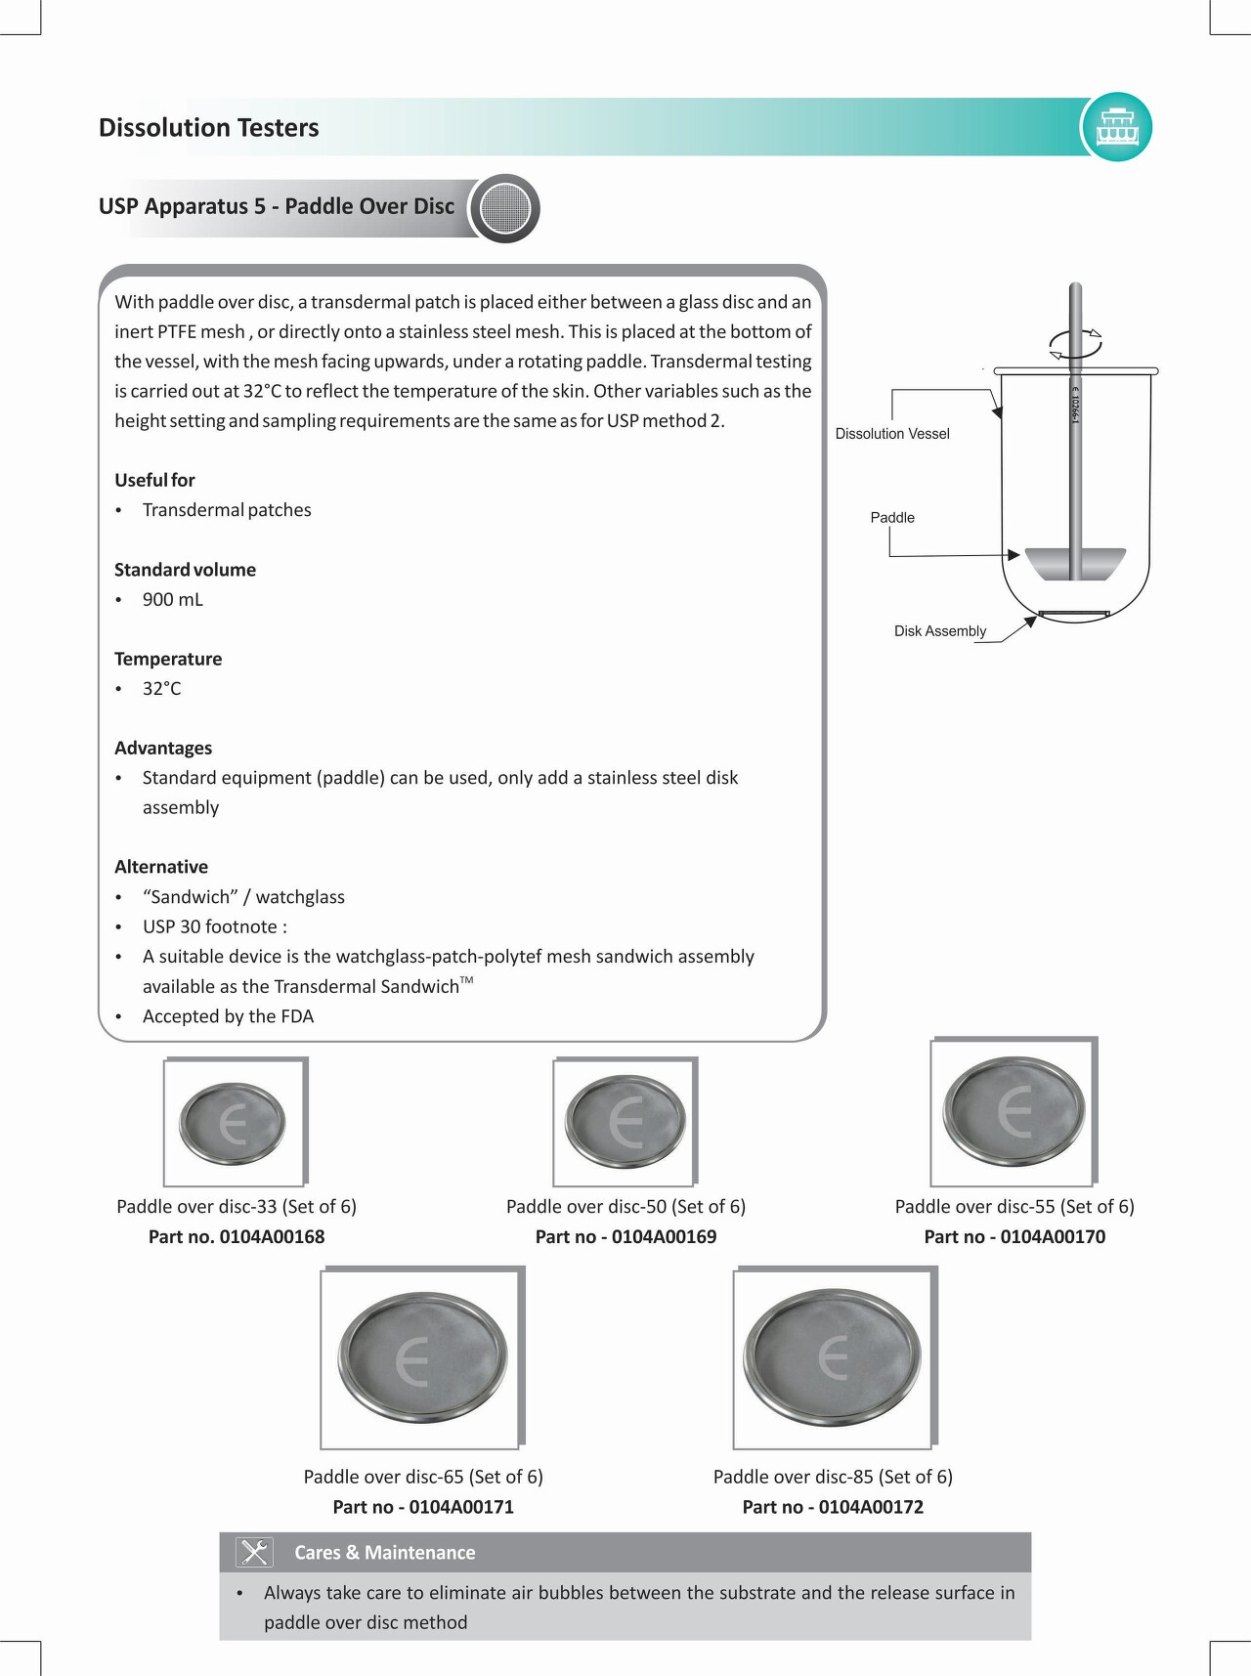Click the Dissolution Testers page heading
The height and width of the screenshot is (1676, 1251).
pos(209,128)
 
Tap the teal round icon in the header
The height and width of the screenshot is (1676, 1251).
pos(1117,127)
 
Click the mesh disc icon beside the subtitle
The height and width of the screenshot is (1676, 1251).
pos(505,208)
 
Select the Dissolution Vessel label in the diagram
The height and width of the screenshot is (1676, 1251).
pos(892,434)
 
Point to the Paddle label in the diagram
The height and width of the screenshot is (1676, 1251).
pos(892,518)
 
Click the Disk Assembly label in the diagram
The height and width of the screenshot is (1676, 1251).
pos(940,631)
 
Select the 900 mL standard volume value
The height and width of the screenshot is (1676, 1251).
pos(173,600)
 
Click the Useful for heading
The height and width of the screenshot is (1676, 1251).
pos(154,480)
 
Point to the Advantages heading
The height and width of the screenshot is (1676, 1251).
pos(163,748)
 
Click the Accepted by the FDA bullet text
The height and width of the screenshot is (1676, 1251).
pos(228,1016)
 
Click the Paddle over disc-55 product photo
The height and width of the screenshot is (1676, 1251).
pos(1014,1112)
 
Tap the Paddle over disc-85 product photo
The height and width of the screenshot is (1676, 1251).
pos(833,1358)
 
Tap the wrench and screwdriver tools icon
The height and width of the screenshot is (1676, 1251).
pos(254,1552)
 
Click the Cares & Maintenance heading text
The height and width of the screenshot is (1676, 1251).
pos(385,1552)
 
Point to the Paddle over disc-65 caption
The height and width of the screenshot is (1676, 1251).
pos(423,1477)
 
